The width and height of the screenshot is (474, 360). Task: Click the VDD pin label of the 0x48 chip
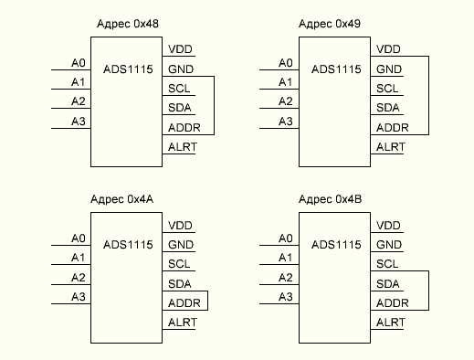[x=180, y=49]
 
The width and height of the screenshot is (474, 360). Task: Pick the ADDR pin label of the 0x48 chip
[x=184, y=128]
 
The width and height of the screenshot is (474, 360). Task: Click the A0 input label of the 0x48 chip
[x=79, y=62]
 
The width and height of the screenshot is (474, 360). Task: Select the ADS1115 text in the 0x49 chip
[x=334, y=69]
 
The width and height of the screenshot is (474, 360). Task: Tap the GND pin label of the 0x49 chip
[x=388, y=69]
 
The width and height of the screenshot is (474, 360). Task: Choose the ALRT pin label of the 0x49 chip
[x=390, y=147]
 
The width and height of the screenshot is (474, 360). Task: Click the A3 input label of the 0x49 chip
[x=286, y=122]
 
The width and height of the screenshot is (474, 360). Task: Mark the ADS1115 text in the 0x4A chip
[x=127, y=245]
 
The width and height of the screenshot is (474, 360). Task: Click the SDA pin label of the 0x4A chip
[x=179, y=284]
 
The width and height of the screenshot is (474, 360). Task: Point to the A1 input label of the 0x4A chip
[x=79, y=258]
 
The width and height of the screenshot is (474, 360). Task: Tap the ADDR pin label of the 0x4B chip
[x=391, y=303]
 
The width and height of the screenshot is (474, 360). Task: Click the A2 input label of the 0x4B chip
[x=286, y=278]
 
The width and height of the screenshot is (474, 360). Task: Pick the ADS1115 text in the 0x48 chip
[x=127, y=69]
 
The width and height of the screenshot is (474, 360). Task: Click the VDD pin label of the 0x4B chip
[x=388, y=226]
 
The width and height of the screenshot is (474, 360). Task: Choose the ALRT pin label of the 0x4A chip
[x=183, y=323]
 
